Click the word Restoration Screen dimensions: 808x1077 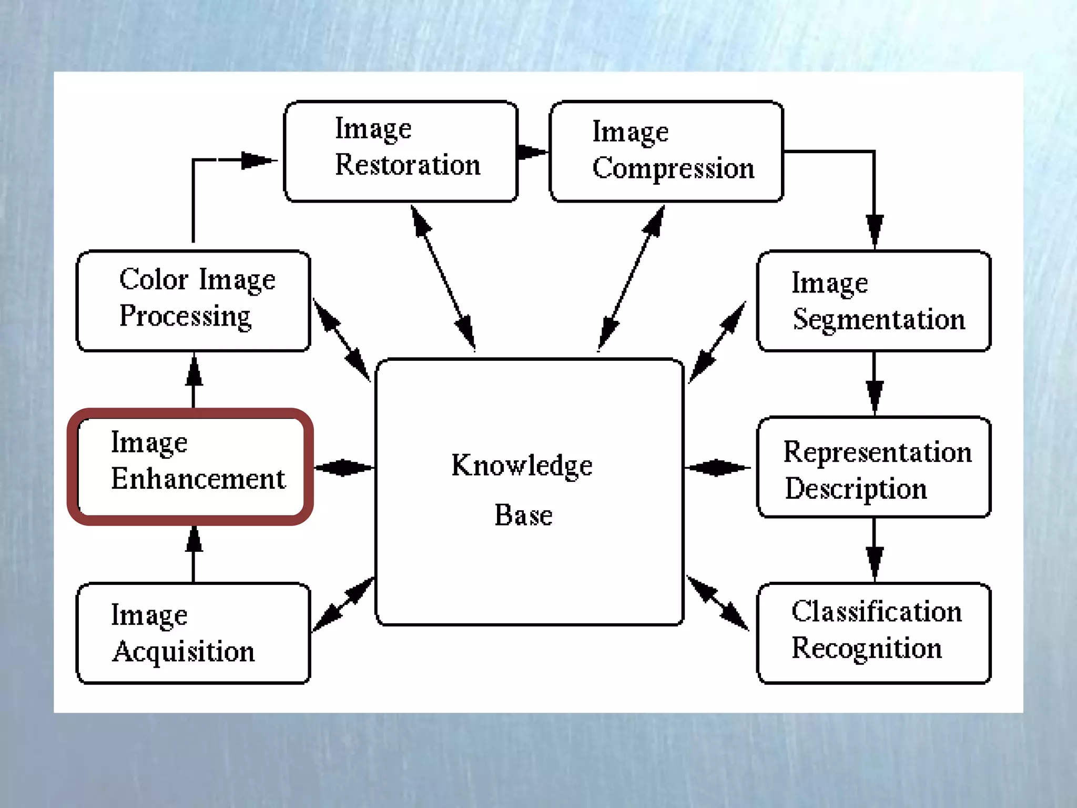[x=408, y=165]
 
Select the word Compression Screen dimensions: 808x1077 [x=673, y=168]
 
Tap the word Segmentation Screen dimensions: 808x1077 [x=878, y=319]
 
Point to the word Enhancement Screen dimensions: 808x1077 [x=198, y=479]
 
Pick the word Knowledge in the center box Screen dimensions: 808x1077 [x=522, y=466]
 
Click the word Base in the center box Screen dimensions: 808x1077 [x=523, y=515]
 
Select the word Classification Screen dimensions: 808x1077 [x=876, y=612]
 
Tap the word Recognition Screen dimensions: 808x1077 [x=866, y=648]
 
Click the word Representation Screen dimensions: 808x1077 [x=877, y=452]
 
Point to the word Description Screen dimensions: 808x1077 [x=856, y=489]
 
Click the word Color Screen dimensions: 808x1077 [x=154, y=279]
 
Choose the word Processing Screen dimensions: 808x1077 [x=185, y=317]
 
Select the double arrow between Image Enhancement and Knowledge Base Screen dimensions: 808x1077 [x=343, y=467]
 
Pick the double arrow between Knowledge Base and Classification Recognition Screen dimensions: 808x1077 [x=718, y=603]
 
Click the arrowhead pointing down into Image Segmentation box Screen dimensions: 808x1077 [x=874, y=231]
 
